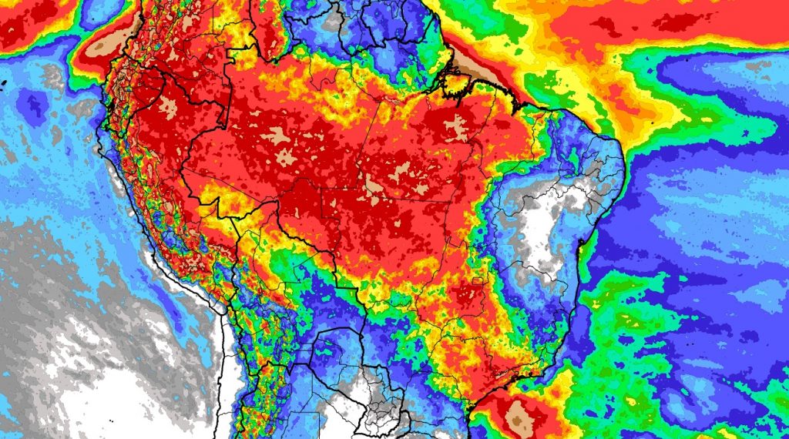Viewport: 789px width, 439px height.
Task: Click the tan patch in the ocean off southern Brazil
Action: point(522,417)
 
